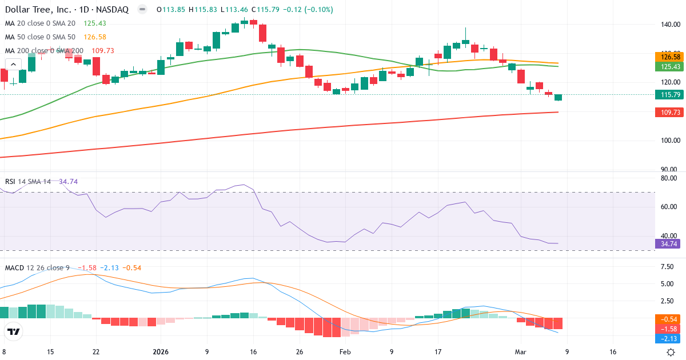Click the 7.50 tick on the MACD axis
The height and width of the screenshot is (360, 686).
(666, 267)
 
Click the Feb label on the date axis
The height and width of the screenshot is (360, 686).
(345, 352)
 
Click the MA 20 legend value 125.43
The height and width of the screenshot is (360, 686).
(95, 23)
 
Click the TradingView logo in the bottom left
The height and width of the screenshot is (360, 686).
(13, 331)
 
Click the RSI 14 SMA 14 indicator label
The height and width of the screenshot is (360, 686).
(28, 181)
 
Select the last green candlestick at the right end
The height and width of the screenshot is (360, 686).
(558, 98)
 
